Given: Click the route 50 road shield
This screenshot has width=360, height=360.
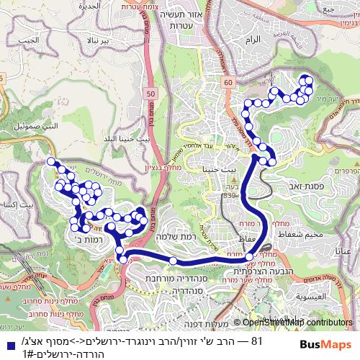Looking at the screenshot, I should [150, 93].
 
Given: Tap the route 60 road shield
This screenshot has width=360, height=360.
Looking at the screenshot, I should [228, 84].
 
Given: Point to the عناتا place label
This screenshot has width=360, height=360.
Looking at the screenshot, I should [348, 250].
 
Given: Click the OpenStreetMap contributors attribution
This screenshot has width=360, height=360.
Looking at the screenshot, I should [297, 323].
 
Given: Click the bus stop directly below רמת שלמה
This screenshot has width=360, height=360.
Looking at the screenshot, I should [174, 261].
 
